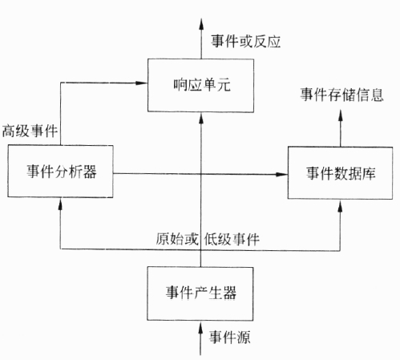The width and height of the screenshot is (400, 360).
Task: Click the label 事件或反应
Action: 246,42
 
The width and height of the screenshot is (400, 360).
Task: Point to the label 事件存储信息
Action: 341,95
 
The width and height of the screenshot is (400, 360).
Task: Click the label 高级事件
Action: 30,131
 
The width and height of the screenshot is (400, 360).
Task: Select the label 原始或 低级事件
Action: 208,239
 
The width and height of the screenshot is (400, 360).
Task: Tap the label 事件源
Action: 229,337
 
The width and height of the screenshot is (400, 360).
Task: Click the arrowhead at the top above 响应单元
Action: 201,24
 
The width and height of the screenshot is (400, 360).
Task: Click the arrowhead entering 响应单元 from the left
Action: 141,83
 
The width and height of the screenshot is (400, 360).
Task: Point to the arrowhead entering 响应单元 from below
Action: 201,118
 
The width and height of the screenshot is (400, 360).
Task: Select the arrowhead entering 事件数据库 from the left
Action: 281,175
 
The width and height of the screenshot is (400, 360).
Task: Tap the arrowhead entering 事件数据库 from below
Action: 340,205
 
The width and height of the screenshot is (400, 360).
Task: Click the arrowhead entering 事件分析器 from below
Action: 60,204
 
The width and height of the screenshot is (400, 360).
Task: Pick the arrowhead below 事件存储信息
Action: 341,115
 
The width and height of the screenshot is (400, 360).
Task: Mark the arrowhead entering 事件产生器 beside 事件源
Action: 200,327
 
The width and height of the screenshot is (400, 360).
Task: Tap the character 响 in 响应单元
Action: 180,84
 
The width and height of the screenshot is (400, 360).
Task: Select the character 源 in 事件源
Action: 244,337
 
